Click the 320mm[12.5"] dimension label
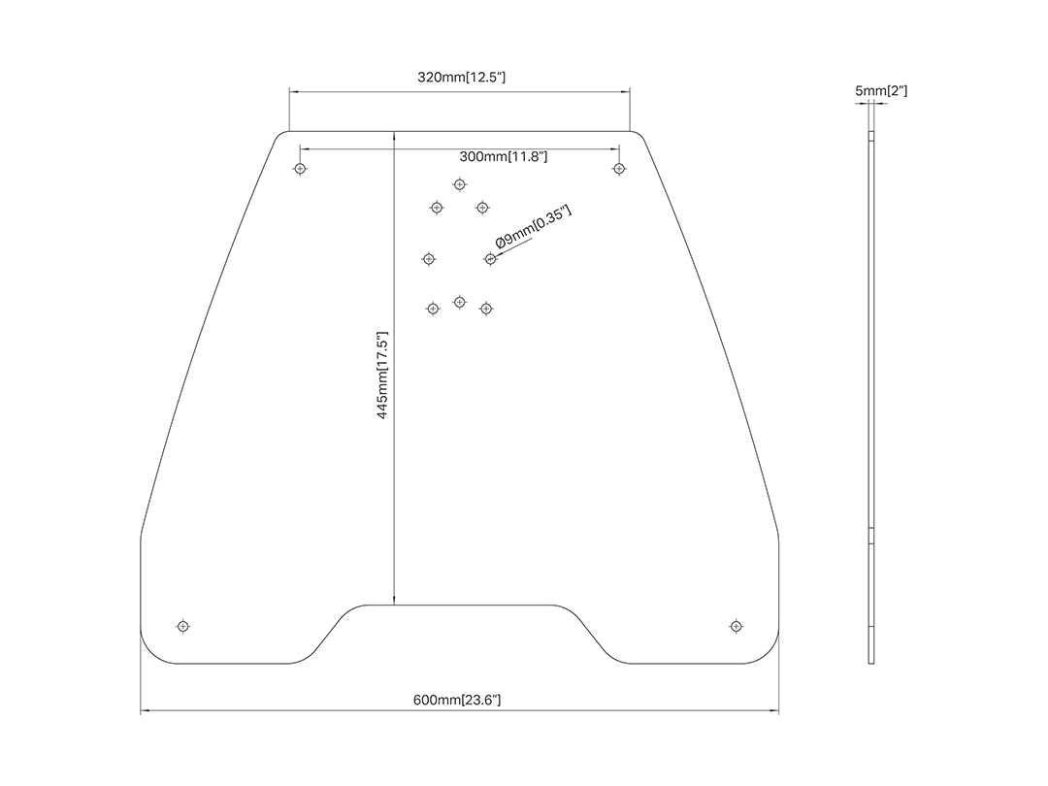click(461, 77)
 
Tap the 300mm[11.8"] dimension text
click(504, 156)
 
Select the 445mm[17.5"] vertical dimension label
click(382, 375)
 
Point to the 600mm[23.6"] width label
click(456, 700)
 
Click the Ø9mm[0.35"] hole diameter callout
click(534, 227)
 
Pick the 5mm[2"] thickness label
click(881, 91)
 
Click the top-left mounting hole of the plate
click(300, 169)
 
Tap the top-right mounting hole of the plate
click(619, 169)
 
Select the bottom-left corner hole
click(183, 626)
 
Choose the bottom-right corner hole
click(736, 626)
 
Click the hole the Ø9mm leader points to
click(491, 259)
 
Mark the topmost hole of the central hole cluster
click(459, 184)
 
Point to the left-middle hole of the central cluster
click(429, 259)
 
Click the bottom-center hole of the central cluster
click(459, 302)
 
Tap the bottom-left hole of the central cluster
click(433, 309)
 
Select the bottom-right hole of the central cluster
click(486, 309)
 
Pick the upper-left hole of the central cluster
click(437, 208)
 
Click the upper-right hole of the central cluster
click(482, 208)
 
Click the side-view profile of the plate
click(870, 398)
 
